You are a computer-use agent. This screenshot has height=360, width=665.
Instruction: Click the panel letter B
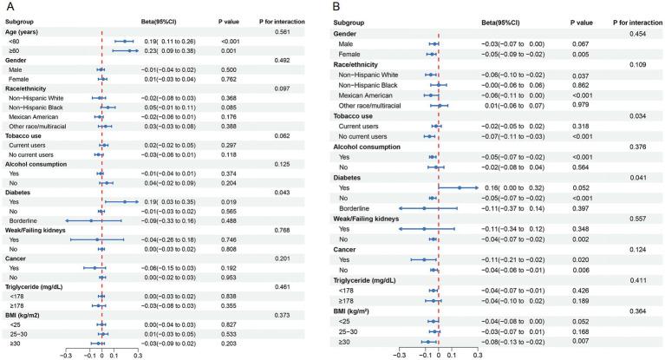point(345,6)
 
